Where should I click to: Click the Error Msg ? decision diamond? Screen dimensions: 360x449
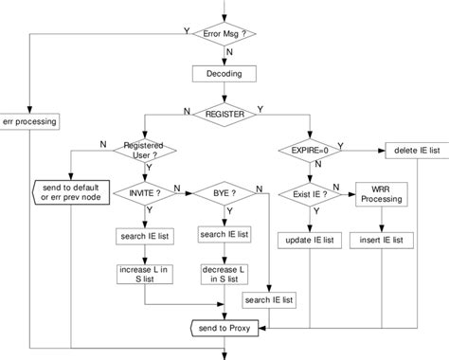point(224,33)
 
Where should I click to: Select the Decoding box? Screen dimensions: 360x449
point(224,73)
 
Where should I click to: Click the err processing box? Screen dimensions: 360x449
point(30,121)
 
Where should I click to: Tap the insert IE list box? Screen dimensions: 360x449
point(382,240)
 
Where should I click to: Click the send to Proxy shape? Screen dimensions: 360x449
point(224,327)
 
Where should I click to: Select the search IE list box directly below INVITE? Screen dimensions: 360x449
point(144,234)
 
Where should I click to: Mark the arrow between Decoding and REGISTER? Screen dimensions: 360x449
point(224,91)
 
